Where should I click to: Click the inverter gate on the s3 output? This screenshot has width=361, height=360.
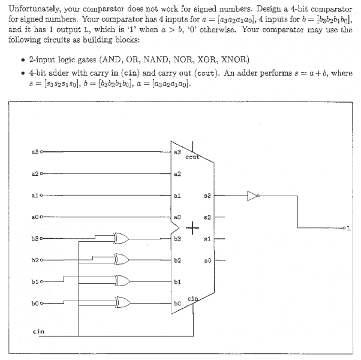pyautogui.click(x=252, y=194)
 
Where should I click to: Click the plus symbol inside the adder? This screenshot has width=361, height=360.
pyautogui.click(x=192, y=228)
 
